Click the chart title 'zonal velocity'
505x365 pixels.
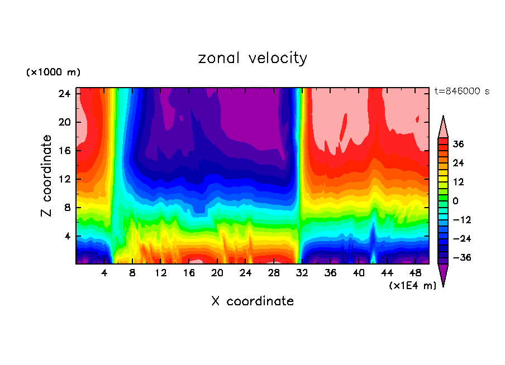pyautogui.click(x=252, y=58)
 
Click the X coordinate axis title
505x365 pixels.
pyautogui.click(x=252, y=301)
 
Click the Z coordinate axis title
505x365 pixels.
pyautogui.click(x=46, y=176)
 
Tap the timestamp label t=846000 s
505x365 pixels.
pyautogui.click(x=462, y=92)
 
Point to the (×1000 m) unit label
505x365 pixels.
pyautogui.click(x=53, y=73)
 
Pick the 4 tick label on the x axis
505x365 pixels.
pyautogui.click(x=104, y=273)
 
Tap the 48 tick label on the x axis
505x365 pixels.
pyautogui.click(x=415, y=273)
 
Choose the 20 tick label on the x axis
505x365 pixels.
pyautogui.click(x=217, y=273)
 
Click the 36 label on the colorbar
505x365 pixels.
pyautogui.click(x=458, y=144)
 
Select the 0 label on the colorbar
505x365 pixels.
pyautogui.click(x=456, y=201)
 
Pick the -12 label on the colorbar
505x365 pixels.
pyautogui.click(x=461, y=220)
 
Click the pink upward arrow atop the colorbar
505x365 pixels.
pyautogui.click(x=443, y=127)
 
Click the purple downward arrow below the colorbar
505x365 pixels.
pyautogui.click(x=443, y=274)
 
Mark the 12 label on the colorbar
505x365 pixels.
pyautogui.click(x=458, y=182)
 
